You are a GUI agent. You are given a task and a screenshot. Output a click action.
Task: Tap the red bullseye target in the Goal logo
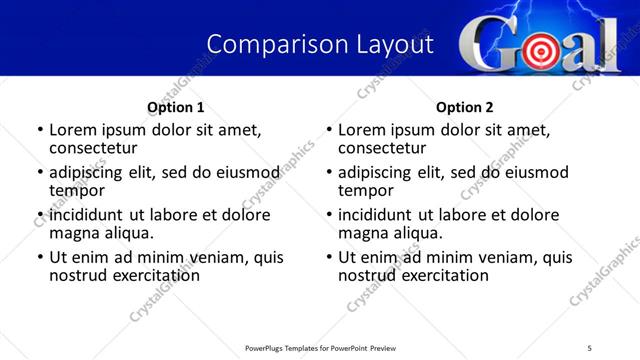(539, 48)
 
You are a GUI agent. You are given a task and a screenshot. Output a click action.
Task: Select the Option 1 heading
(176, 107)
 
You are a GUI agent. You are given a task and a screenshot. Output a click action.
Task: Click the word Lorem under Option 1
(73, 130)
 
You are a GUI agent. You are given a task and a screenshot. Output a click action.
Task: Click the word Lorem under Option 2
(362, 130)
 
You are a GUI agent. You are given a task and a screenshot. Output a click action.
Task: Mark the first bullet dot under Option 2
(330, 131)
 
